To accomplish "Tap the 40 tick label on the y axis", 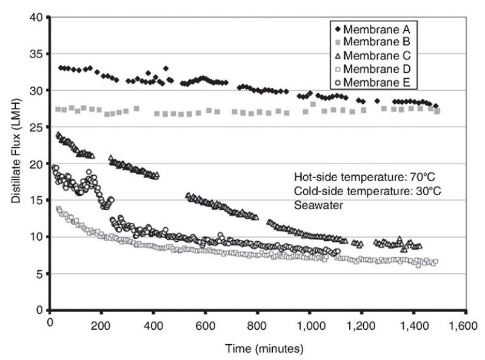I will click(x=37, y=18).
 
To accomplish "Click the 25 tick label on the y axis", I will click(x=37, y=127).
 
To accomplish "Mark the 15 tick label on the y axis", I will click(x=37, y=201).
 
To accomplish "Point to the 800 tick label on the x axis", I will click(x=258, y=323).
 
